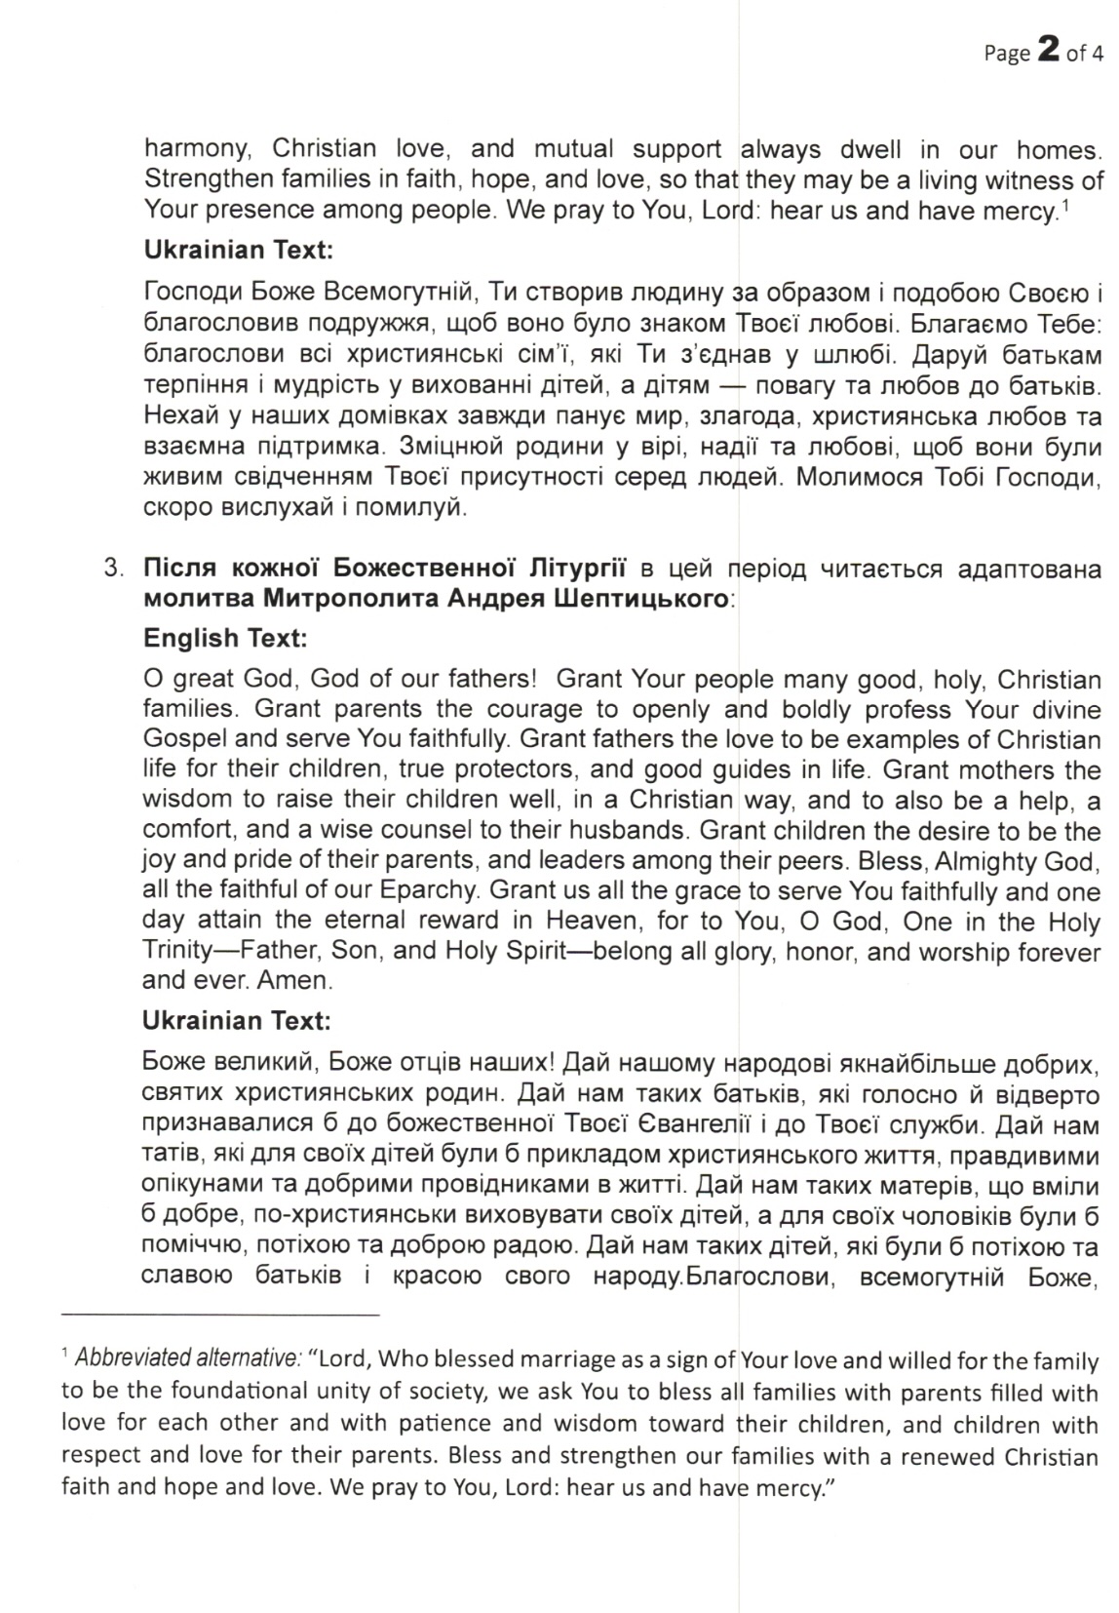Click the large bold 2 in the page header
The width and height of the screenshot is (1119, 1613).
click(1049, 51)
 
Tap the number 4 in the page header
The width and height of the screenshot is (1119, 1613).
click(1098, 54)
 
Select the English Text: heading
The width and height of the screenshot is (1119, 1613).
click(225, 639)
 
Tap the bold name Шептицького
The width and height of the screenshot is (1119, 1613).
click(647, 598)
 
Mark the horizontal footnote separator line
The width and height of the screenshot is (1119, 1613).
click(219, 1316)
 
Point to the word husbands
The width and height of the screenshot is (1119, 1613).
click(636, 831)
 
